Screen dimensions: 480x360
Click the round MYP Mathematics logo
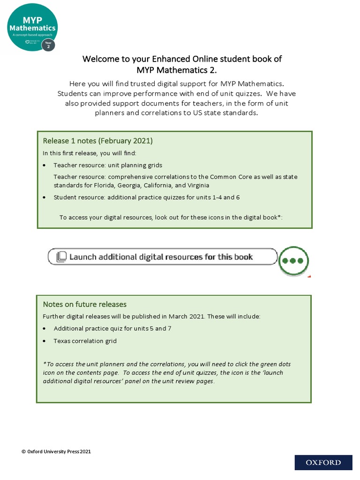coord(32,27)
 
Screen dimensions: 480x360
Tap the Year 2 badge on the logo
coord(48,45)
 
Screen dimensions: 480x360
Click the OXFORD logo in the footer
coord(323,463)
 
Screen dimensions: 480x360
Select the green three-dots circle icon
coord(293,261)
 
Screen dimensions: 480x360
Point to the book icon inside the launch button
coord(61,257)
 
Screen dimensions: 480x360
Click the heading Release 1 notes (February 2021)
coord(98,141)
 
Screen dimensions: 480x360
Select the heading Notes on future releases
coord(84,304)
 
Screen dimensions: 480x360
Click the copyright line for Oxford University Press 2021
coord(56,451)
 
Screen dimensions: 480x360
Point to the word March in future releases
coord(179,316)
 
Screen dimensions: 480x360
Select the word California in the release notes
coord(143,185)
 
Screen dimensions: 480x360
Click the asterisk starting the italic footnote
coord(44,363)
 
